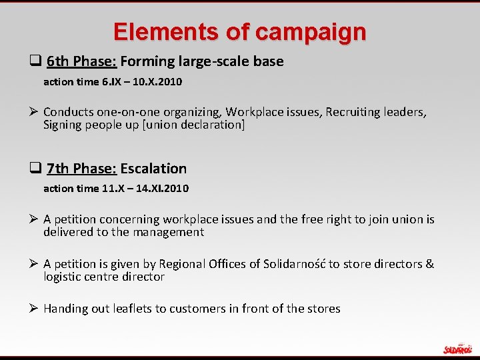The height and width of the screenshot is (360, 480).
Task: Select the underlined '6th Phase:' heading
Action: [82, 61]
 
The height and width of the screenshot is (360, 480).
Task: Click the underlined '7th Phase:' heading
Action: [82, 169]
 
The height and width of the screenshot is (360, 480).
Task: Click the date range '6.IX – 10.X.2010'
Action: [141, 82]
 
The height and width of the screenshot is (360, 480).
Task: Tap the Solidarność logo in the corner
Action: [457, 349]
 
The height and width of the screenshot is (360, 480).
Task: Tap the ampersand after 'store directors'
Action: [429, 264]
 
